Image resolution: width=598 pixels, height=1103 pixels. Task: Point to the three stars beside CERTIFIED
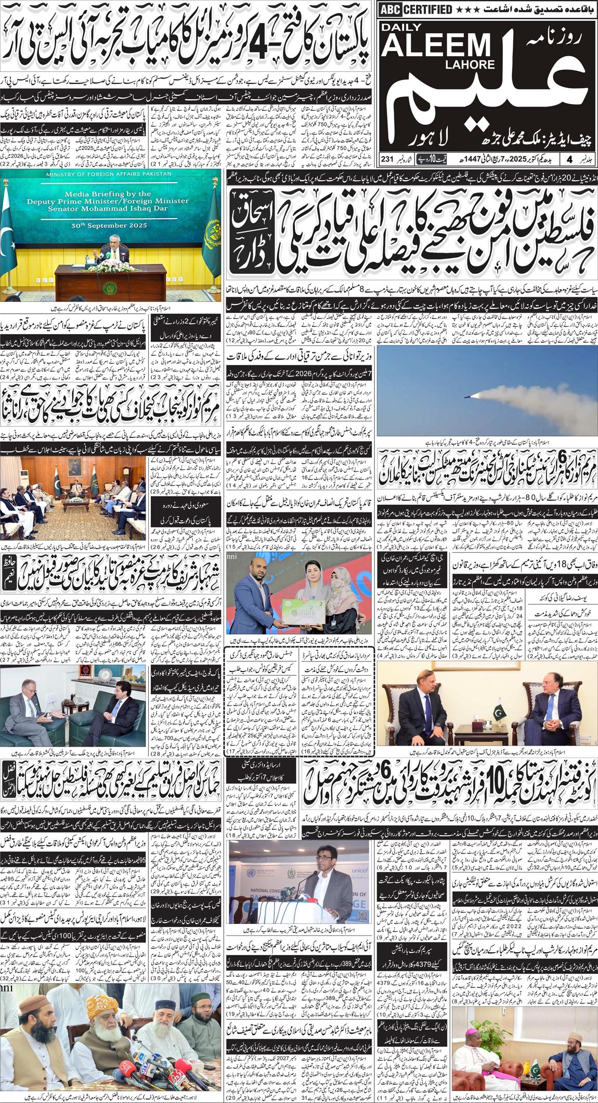point(467,9)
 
